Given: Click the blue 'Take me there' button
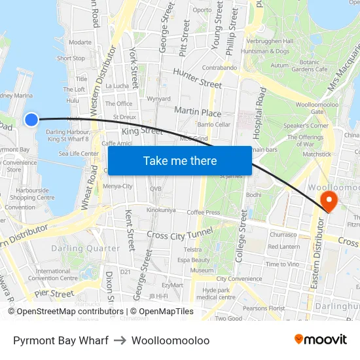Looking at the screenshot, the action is coord(179,160).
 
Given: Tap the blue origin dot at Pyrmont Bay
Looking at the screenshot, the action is coord(31,119).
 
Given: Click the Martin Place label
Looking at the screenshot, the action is coord(198,112).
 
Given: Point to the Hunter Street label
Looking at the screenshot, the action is coord(197,79).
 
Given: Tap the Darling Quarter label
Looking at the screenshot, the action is coord(85,248).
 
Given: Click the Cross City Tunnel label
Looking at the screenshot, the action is coord(179,234).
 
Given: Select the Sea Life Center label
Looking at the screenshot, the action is coord(79,154).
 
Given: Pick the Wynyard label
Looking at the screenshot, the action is coord(159,99).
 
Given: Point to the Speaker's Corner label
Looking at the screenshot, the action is coord(306,126).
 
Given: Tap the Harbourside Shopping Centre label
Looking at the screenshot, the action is coord(32,194).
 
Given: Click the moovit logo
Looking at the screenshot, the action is coord(320,340).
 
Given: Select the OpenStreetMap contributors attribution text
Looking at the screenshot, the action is coord(66,312).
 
